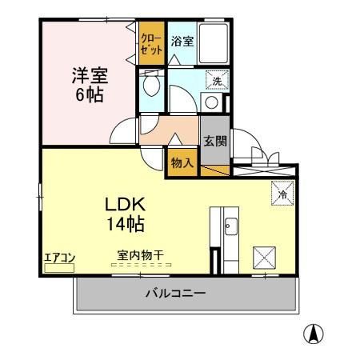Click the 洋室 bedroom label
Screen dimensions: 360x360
point(90,76)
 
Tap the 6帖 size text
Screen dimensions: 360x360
point(90,94)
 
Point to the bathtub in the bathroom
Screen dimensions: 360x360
point(214,44)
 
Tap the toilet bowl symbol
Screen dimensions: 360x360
point(151,83)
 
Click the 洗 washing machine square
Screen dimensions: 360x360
point(215,79)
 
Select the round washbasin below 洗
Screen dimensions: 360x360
point(211,102)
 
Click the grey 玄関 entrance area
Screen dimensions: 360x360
point(214,141)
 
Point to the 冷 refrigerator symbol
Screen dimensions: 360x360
point(281,193)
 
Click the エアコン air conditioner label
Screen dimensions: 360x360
point(59,257)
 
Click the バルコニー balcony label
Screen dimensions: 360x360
point(175,294)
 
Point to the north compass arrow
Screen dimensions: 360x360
point(318,334)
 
